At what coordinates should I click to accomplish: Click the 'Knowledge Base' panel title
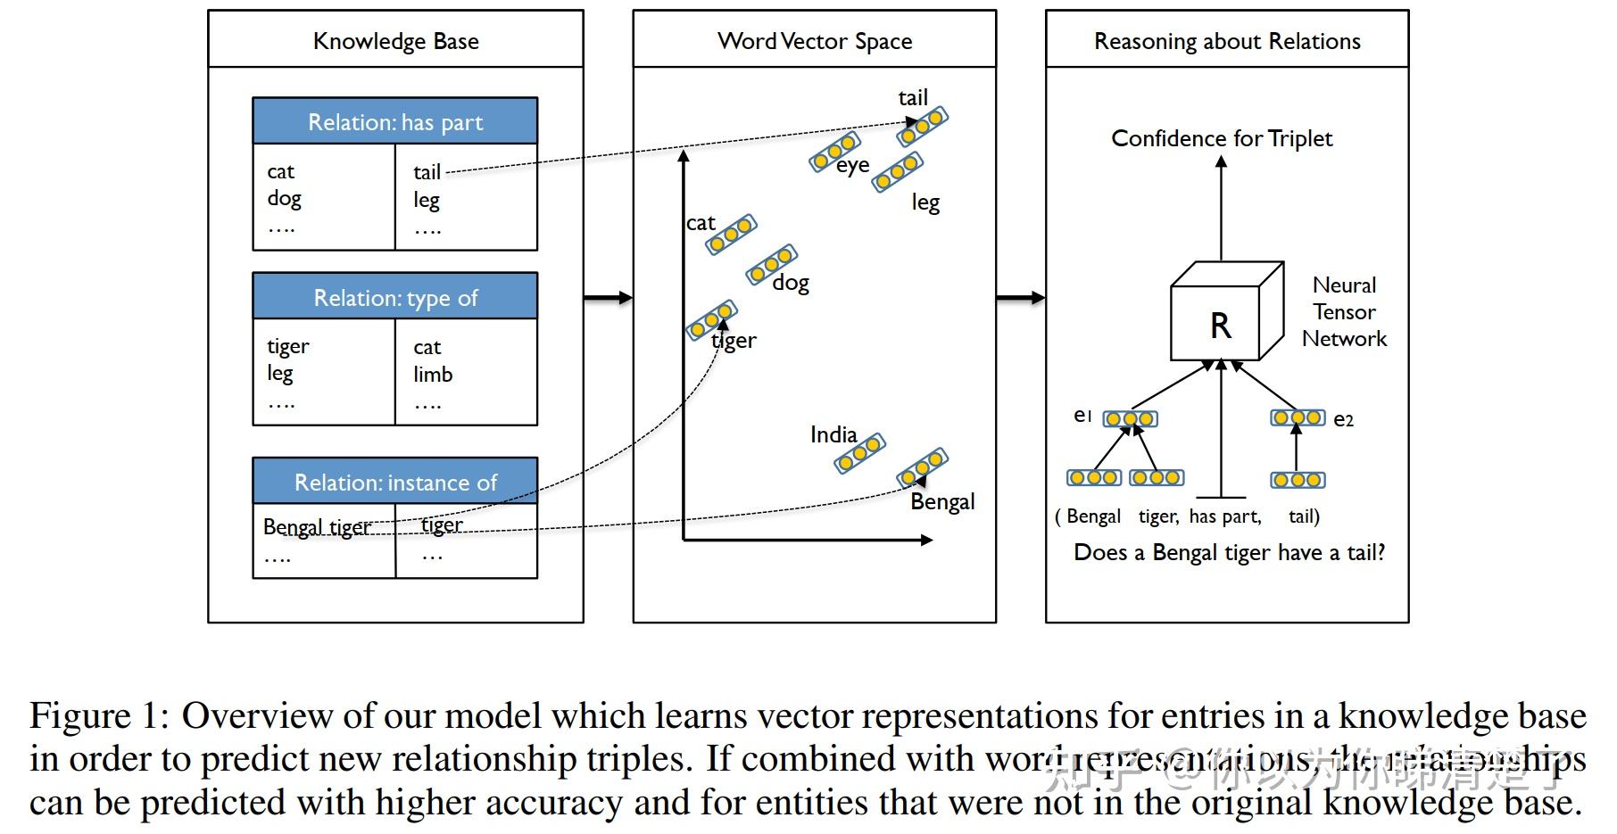point(395,41)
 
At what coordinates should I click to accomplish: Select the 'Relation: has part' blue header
point(394,122)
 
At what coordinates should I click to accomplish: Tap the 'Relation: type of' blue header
point(394,298)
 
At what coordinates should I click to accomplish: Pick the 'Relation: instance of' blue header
point(394,483)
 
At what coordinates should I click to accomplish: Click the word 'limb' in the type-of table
point(433,375)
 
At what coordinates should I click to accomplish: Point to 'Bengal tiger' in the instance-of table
point(317,527)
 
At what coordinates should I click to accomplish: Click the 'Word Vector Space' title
point(814,41)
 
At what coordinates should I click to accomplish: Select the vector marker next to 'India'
point(859,454)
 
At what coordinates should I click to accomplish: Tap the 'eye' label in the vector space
point(852,166)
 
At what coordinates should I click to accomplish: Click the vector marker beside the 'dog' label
point(771,265)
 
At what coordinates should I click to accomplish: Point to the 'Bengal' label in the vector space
point(941,502)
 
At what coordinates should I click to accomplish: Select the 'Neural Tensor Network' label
point(1343,312)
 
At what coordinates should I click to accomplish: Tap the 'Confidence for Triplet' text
point(1221,139)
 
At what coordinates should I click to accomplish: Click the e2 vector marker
point(1298,417)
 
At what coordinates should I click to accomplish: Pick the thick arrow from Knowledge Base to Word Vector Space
point(608,298)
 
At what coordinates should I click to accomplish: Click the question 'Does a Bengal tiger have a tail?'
point(1229,553)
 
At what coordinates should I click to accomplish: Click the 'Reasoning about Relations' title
point(1227,41)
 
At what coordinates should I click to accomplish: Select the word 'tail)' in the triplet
point(1304,516)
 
